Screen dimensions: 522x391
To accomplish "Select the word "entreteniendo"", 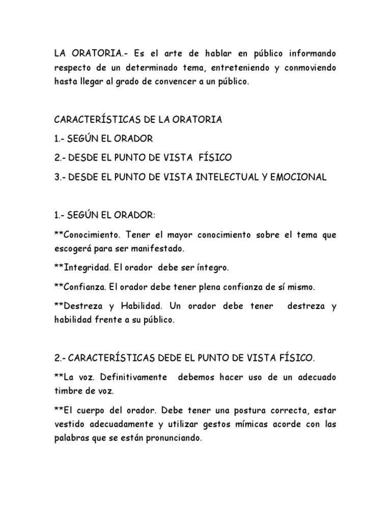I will (239, 68).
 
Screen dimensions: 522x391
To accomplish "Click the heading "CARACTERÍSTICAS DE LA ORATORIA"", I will (137, 120).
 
